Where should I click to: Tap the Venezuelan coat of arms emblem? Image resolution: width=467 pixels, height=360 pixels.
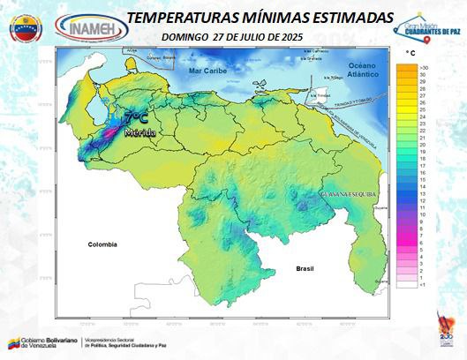tap(26, 28)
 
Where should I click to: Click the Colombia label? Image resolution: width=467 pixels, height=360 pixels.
tap(102, 244)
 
